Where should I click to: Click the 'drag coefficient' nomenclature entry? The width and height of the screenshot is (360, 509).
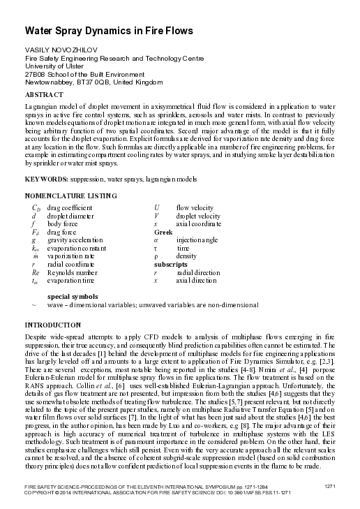70,208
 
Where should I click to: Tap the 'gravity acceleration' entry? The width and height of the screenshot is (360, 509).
73,239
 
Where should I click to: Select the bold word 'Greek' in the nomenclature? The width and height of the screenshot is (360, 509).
163,232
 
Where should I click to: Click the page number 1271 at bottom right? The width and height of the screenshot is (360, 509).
332,485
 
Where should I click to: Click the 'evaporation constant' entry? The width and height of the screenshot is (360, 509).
77,247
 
